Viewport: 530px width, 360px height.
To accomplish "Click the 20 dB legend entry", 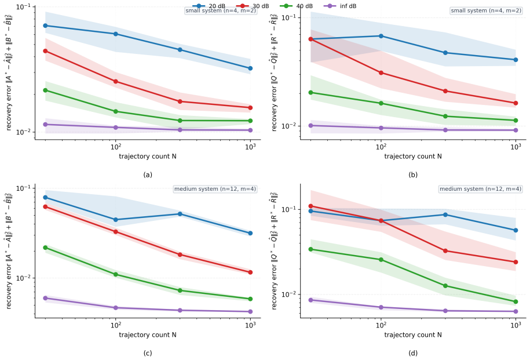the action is [x=209, y=6].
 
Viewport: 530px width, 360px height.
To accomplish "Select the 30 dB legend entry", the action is [x=253, y=6].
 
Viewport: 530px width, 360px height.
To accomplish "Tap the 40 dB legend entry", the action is [x=297, y=6].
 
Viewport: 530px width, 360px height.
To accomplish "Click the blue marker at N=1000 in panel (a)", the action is [x=250, y=68].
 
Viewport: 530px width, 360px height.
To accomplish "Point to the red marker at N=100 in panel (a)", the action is [x=116, y=82].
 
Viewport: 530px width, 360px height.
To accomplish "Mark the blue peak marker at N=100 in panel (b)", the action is [x=381, y=36].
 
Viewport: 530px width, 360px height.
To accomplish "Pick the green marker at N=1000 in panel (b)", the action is [x=516, y=121].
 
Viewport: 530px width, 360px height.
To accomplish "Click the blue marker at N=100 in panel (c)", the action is [x=116, y=220].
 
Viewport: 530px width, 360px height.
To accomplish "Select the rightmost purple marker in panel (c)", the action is [x=250, y=312].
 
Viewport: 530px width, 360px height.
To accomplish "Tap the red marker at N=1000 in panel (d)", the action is [x=516, y=262].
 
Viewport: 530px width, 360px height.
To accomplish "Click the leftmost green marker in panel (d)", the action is [x=311, y=249].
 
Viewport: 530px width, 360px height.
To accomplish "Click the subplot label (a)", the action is [x=148, y=175].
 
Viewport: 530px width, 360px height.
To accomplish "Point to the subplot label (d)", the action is [x=413, y=353].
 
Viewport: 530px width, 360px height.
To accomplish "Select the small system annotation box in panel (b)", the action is [x=486, y=11].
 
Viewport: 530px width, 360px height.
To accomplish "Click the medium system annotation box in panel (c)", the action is [x=215, y=189].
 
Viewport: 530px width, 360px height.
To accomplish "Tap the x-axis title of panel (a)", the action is [x=148, y=157].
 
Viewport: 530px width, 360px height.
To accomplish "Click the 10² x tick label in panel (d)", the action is [x=381, y=325].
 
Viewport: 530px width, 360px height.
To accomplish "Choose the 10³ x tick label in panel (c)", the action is [x=250, y=325].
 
